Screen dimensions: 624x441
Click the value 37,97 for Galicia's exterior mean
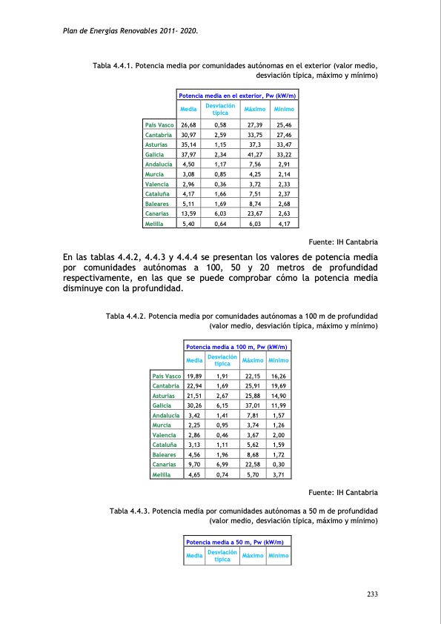pyautogui.click(x=188, y=154)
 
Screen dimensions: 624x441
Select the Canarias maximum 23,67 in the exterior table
pyautogui.click(x=255, y=213)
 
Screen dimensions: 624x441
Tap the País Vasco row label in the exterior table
pyautogui.click(x=159, y=125)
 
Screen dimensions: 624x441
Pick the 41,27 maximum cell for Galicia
pyautogui.click(x=255, y=154)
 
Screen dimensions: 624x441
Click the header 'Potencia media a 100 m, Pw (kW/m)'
pyautogui.click(x=237, y=347)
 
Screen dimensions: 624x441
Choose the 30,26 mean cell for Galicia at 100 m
pyautogui.click(x=195, y=404)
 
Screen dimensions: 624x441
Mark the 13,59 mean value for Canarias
pyautogui.click(x=188, y=213)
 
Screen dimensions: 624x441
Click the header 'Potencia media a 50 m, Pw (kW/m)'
pyautogui.click(x=237, y=543)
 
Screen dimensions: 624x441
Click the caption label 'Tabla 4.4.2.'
pyautogui.click(x=127, y=316)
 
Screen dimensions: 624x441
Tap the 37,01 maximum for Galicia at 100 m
pyautogui.click(x=253, y=404)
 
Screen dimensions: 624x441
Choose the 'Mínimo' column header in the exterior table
pyautogui.click(x=284, y=110)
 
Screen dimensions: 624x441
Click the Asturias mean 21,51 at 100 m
pyautogui.click(x=195, y=394)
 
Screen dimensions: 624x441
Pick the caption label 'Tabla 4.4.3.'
pyautogui.click(x=129, y=511)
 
